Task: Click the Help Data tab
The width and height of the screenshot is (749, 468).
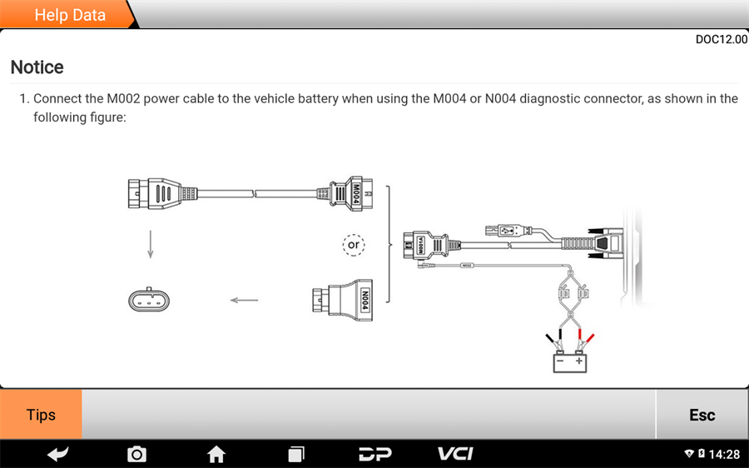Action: click(x=70, y=15)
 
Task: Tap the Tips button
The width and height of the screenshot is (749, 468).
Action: click(x=41, y=415)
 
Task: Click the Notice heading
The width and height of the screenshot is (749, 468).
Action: click(x=37, y=67)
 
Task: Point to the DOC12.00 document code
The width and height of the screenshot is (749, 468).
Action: click(x=721, y=39)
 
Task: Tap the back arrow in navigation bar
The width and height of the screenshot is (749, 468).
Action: click(x=57, y=454)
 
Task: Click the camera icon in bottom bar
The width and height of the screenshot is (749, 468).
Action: click(x=136, y=454)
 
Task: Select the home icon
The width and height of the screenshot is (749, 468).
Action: click(x=216, y=454)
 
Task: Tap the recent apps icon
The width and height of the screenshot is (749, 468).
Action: click(x=296, y=454)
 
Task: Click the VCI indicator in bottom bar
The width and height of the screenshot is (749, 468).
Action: click(x=455, y=454)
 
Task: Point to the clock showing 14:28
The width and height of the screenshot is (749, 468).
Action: click(x=723, y=454)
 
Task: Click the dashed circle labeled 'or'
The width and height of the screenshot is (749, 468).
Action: click(x=354, y=245)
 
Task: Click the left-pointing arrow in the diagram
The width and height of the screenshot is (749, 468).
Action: click(x=244, y=301)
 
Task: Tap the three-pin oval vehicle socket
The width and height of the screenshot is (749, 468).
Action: click(x=151, y=300)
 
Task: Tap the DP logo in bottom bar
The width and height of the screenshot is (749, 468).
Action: click(x=375, y=454)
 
